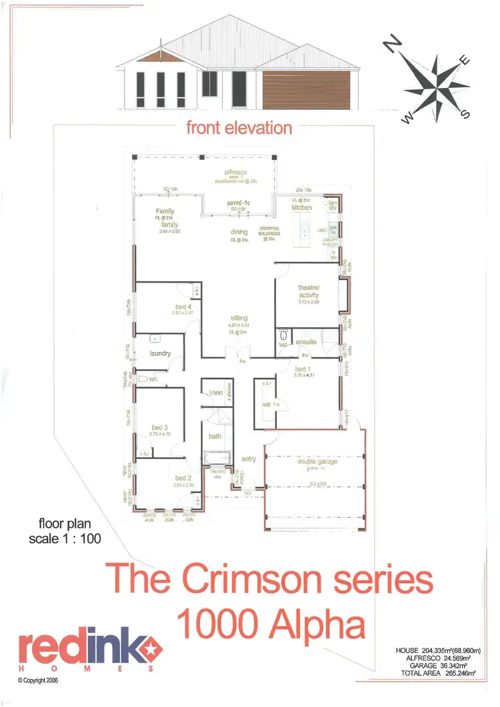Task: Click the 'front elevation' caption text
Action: [x=239, y=127]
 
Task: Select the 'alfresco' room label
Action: [x=235, y=172]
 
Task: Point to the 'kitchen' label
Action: [x=302, y=208]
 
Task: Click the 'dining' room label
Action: [x=239, y=232]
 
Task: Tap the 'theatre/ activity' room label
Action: [x=309, y=291]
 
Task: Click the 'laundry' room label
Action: [x=160, y=354]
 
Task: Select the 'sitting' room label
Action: [x=239, y=319]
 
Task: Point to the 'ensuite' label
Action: [x=307, y=342]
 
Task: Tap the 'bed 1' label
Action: [x=302, y=368]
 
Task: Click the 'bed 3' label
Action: [x=159, y=427]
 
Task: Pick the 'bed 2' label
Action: [x=183, y=478]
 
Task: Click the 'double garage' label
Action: [x=317, y=460]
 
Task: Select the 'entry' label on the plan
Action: [x=249, y=458]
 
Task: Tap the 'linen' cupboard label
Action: [x=215, y=393]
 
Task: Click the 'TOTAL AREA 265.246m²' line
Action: [x=434, y=674]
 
